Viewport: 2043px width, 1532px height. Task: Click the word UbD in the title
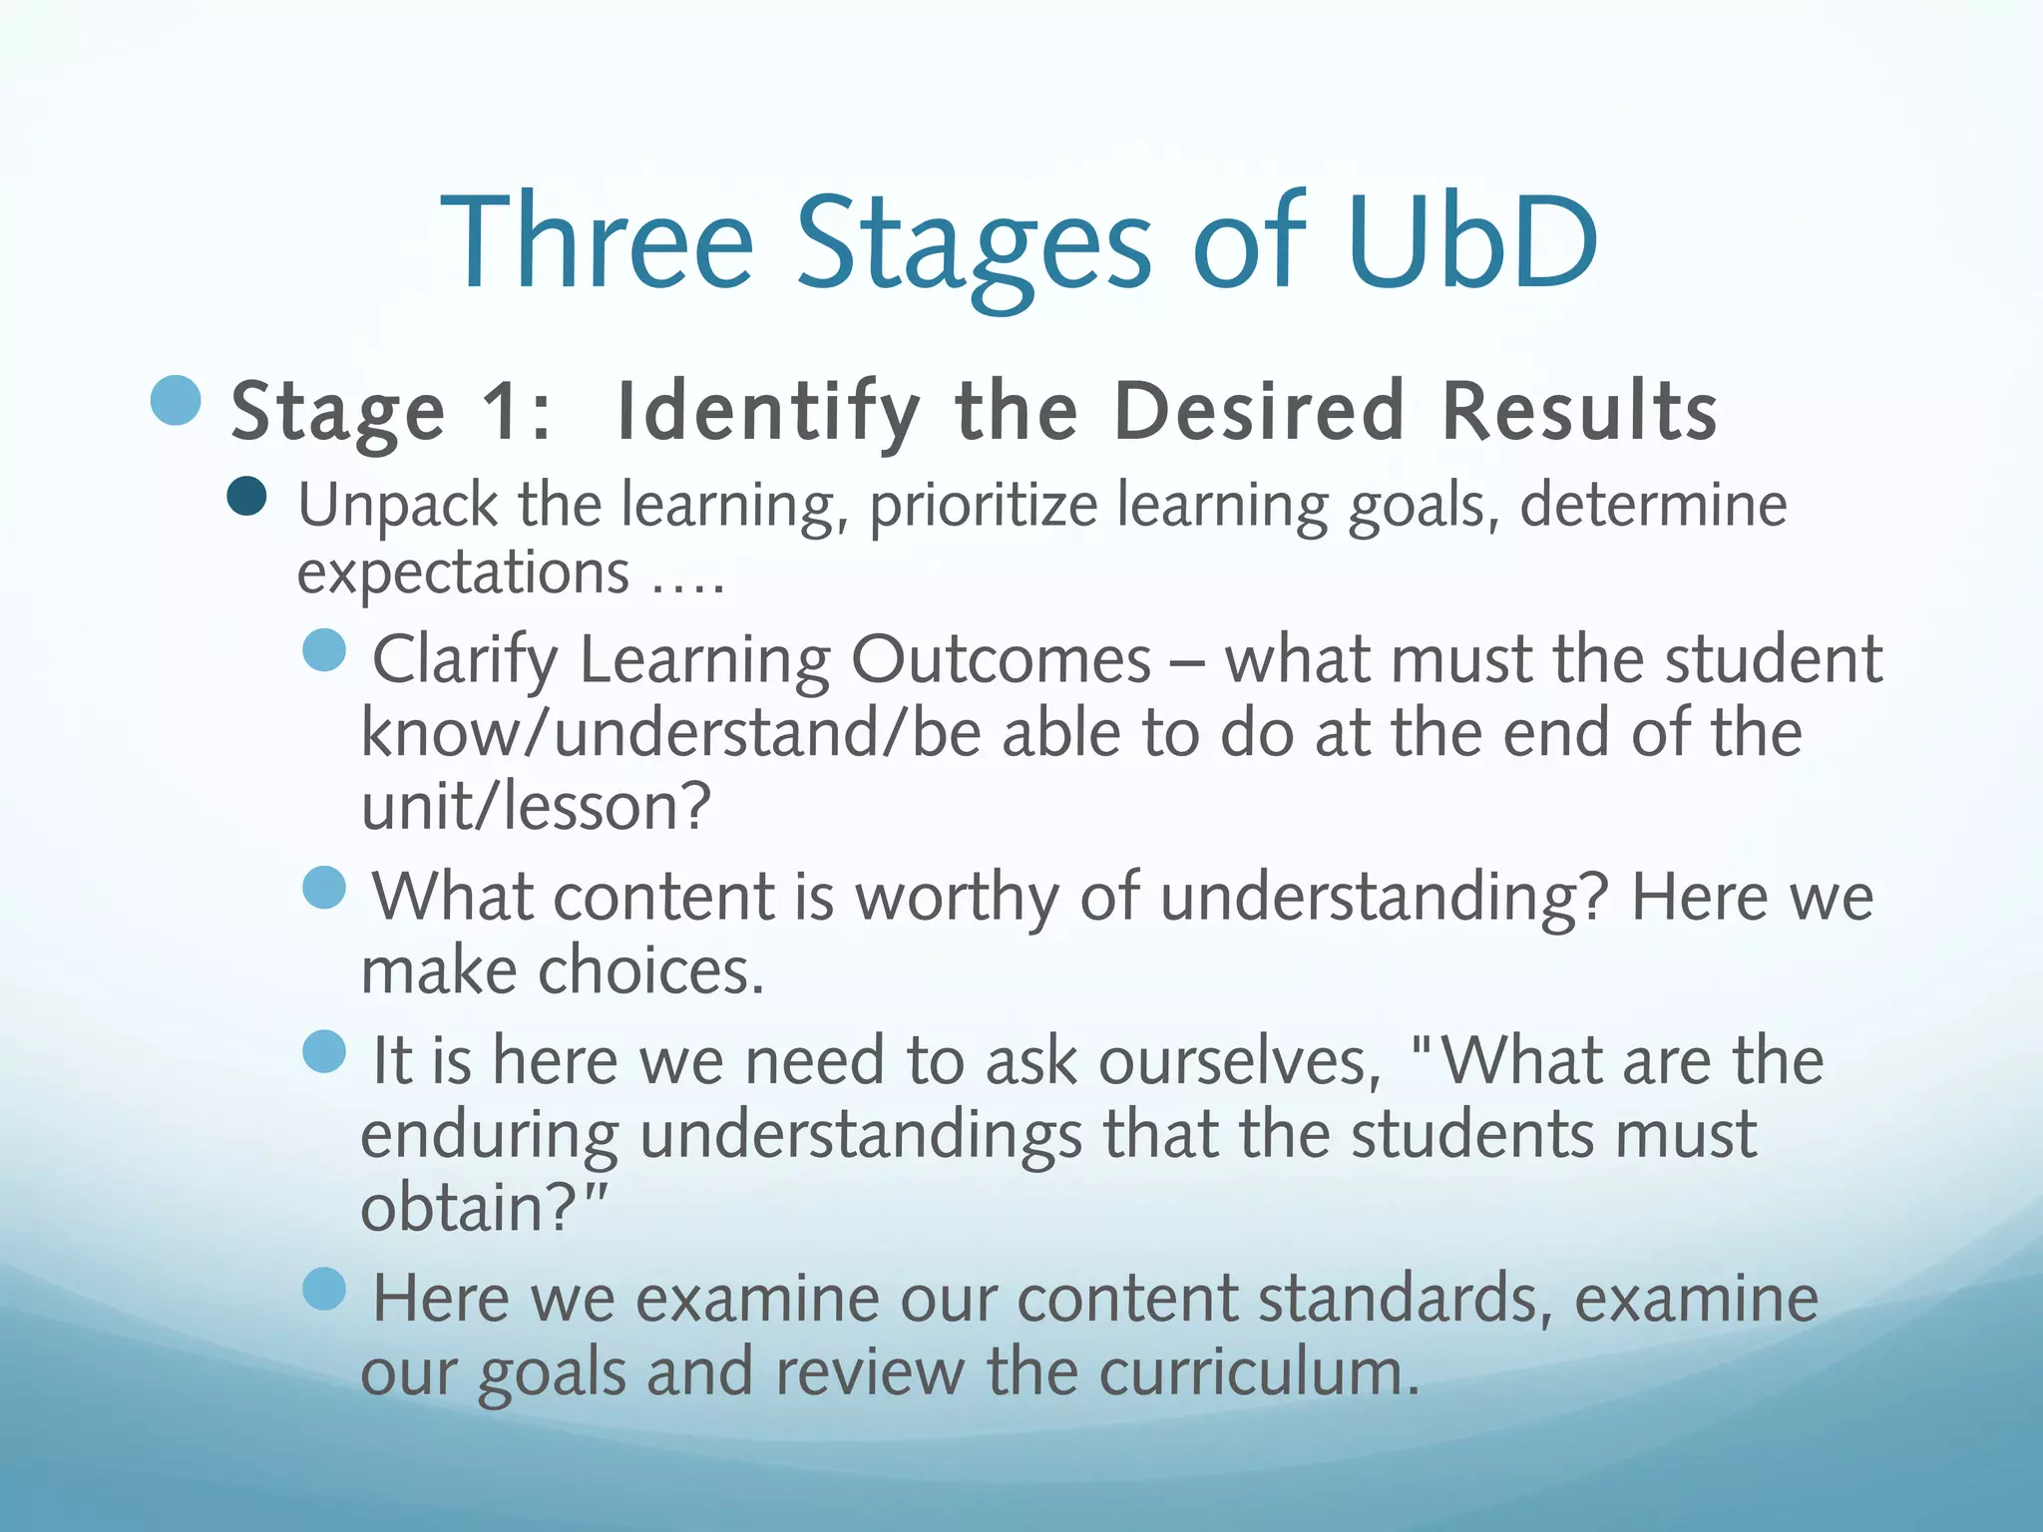(1472, 241)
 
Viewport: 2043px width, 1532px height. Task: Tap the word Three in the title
(597, 241)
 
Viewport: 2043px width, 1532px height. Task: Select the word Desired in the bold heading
(1259, 411)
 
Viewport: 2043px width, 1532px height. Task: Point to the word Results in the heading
(1580, 411)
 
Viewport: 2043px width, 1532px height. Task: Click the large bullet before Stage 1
(177, 401)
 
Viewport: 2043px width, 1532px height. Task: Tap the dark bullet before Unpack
(246, 496)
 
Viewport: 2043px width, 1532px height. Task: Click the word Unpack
(397, 506)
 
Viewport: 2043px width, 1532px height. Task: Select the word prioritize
(983, 506)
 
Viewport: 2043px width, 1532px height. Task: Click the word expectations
(463, 574)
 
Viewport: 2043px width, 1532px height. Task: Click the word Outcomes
(1001, 660)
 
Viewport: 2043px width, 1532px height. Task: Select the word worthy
(957, 897)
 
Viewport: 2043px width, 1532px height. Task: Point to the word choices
(650, 970)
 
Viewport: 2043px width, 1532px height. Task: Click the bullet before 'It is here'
(324, 1051)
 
